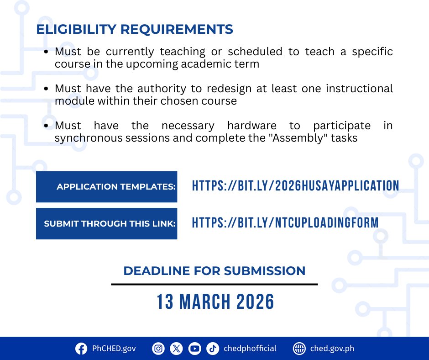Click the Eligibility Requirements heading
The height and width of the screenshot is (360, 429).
[135, 29]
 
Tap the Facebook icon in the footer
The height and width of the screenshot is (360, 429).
[81, 349]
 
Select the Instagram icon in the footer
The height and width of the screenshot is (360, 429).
[158, 349]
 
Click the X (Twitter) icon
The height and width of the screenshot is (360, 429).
[176, 349]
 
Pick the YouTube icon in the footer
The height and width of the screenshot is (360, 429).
[194, 349]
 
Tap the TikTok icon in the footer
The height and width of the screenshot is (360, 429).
[212, 349]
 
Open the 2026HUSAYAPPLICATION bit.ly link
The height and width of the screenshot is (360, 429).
[295, 186]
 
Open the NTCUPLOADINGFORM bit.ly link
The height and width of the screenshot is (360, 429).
[285, 223]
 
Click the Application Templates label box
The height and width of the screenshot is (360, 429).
[106, 186]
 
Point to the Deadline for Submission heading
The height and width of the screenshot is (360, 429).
[214, 270]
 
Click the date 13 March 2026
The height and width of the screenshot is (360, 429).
[215, 302]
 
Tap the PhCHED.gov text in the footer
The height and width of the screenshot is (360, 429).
[114, 349]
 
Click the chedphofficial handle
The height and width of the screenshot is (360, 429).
[250, 349]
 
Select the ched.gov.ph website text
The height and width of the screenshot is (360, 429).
[332, 349]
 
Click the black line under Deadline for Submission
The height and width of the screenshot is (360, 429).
[214, 284]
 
